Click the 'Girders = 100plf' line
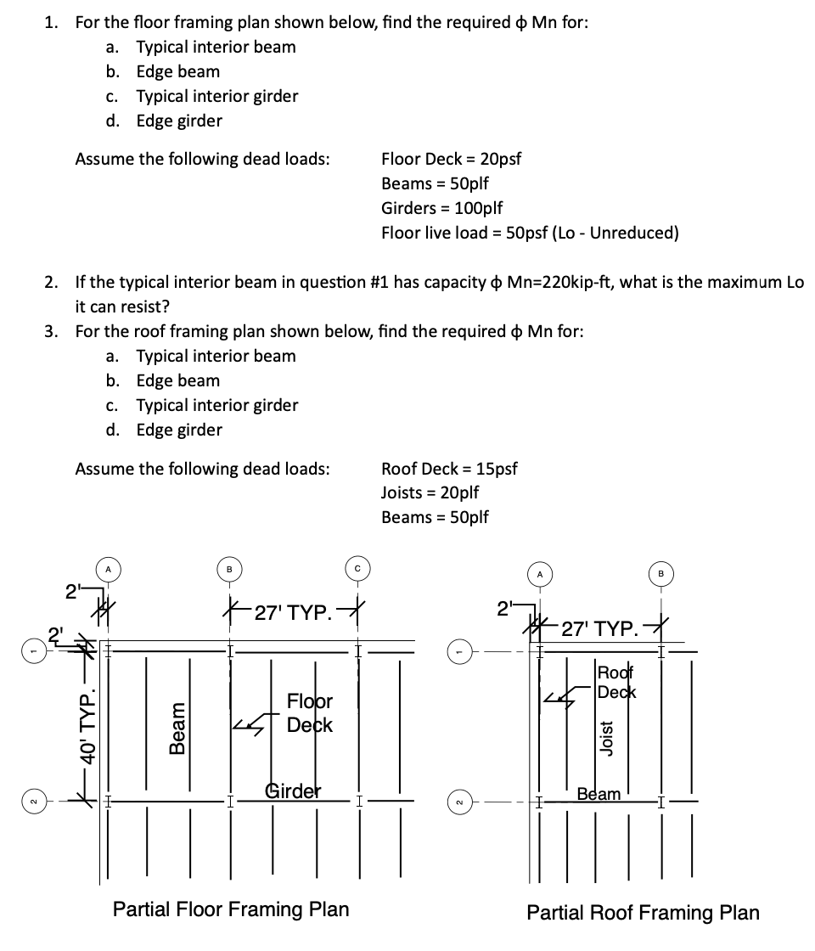click(441, 208)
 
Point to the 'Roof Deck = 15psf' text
click(449, 468)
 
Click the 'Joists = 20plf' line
click(430, 492)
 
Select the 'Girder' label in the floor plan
click(294, 790)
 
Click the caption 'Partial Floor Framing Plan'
click(231, 909)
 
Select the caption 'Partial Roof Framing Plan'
click(643, 913)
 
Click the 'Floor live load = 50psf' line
click(529, 233)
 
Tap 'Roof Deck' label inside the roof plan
click(617, 681)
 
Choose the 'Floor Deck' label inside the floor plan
click(309, 713)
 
